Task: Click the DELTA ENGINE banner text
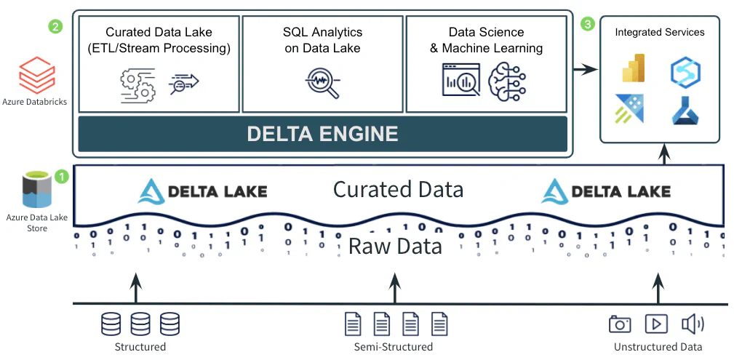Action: pyautogui.click(x=322, y=134)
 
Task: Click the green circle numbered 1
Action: pyautogui.click(x=63, y=175)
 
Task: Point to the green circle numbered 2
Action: pyautogui.click(x=55, y=26)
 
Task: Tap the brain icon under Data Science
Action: pyautogui.click(x=507, y=79)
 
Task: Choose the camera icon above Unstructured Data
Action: pyautogui.click(x=620, y=324)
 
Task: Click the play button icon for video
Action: pyautogui.click(x=656, y=324)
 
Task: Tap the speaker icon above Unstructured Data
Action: pyautogui.click(x=692, y=324)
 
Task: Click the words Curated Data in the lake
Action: pyautogui.click(x=398, y=190)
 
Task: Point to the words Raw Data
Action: pyautogui.click(x=395, y=246)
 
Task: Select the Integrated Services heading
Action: pyautogui.click(x=659, y=32)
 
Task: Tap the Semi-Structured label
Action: pyautogui.click(x=394, y=347)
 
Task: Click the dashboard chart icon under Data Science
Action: pyautogui.click(x=461, y=79)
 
